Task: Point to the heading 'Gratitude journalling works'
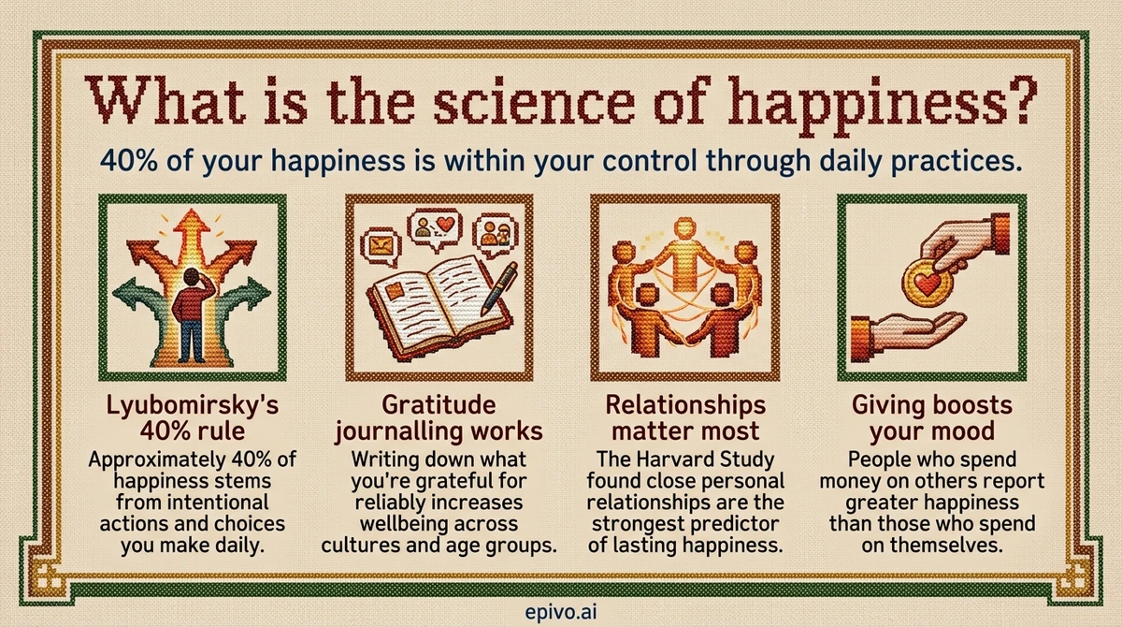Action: (439, 420)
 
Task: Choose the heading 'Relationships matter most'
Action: (685, 420)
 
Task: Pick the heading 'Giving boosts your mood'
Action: (931, 420)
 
